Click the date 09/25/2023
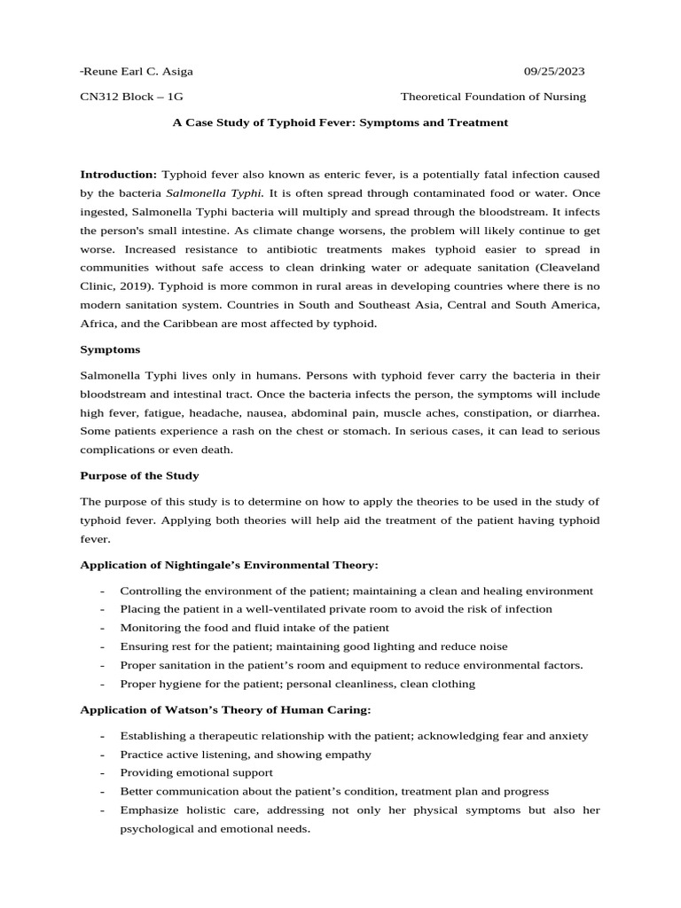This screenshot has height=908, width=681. click(x=554, y=71)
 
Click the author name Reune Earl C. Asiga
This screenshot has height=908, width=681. click(x=137, y=71)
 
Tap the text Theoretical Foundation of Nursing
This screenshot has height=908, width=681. click(x=493, y=97)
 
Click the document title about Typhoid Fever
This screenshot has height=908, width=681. click(x=340, y=122)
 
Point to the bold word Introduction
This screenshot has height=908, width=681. click(x=118, y=174)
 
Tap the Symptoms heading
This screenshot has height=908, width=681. click(x=110, y=349)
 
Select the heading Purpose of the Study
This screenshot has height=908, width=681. click(x=139, y=476)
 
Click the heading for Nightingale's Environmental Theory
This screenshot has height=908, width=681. click(x=229, y=565)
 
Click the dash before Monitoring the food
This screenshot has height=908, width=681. click(x=104, y=628)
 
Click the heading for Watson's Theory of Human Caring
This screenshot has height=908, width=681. click(x=225, y=709)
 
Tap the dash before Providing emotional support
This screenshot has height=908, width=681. click(x=104, y=773)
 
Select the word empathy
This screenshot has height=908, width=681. click(x=349, y=755)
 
